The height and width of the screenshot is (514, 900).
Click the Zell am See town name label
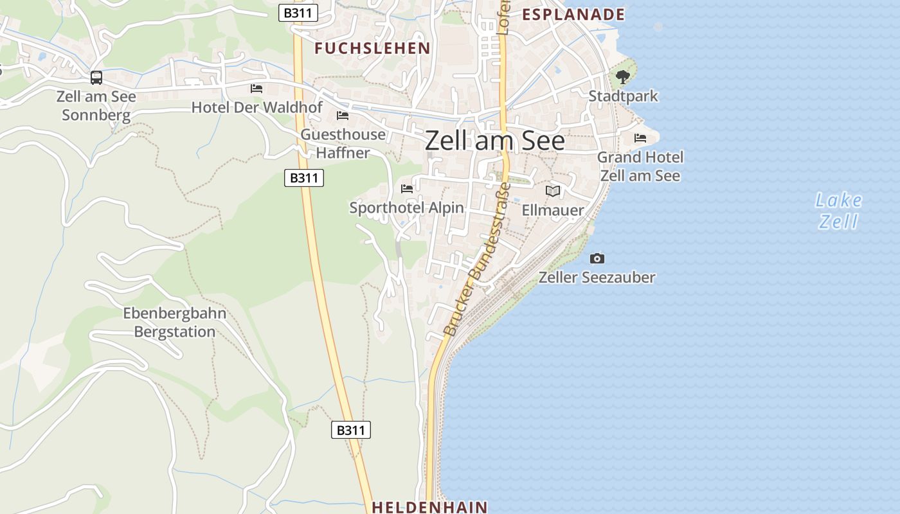point(494,141)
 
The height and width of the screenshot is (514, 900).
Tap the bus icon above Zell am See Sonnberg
point(96,78)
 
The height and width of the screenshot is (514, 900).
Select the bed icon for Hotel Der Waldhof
point(256,89)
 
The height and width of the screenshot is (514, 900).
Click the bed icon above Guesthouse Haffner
point(343,116)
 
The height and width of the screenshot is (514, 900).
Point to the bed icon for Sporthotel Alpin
point(407,189)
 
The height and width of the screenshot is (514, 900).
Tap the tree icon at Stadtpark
point(622,77)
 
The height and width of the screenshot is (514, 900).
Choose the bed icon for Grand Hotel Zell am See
point(640,138)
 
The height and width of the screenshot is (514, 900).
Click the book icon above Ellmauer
point(553,191)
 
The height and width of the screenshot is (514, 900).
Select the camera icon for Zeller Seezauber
point(597,258)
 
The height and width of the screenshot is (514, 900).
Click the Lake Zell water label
point(838,211)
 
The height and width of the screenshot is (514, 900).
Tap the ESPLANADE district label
point(573,14)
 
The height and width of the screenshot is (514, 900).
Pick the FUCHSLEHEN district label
point(372,48)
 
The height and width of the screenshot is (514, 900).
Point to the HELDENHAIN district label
point(429,507)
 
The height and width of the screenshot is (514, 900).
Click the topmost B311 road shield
point(298,13)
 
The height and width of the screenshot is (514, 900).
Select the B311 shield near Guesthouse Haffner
point(303,178)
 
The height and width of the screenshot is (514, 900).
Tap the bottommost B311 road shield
point(351,430)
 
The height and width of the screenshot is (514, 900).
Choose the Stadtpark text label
point(624,96)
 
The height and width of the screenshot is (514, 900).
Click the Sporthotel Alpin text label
point(406,208)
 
